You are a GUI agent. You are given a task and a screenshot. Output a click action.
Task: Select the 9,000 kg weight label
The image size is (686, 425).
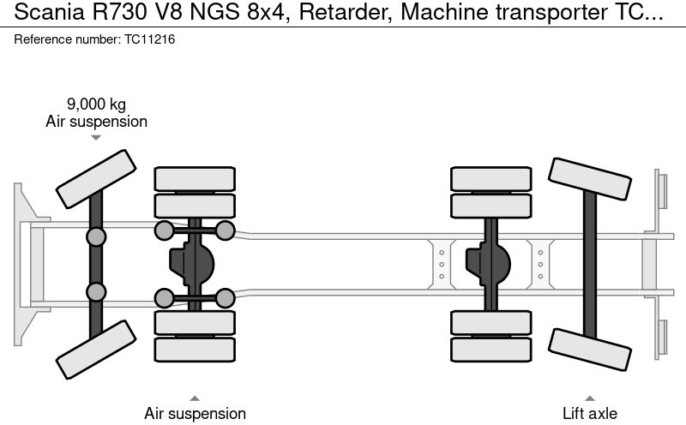click(96, 105)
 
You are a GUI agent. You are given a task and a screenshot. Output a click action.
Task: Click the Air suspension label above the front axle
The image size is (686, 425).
click(96, 122)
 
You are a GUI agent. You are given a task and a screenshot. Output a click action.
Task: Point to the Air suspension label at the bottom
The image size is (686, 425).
click(195, 413)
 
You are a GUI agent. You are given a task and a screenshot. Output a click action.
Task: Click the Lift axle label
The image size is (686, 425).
click(589, 413)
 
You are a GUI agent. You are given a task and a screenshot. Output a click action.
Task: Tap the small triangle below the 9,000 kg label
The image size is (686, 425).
click(96, 137)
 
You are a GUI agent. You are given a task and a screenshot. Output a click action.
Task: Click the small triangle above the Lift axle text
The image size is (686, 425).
click(590, 398)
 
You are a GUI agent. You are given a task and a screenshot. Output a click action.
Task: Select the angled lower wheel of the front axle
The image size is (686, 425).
click(95, 350)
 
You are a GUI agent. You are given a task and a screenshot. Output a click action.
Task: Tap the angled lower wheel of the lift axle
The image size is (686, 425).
click(590, 350)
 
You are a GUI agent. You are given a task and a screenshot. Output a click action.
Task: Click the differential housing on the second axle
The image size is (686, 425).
click(196, 264)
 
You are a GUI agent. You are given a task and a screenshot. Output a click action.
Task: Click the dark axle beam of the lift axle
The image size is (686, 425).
click(590, 264)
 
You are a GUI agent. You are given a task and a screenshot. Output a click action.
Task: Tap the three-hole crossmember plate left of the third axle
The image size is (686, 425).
click(442, 264)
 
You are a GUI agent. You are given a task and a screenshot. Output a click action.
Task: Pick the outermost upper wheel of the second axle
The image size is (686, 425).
click(195, 179)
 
